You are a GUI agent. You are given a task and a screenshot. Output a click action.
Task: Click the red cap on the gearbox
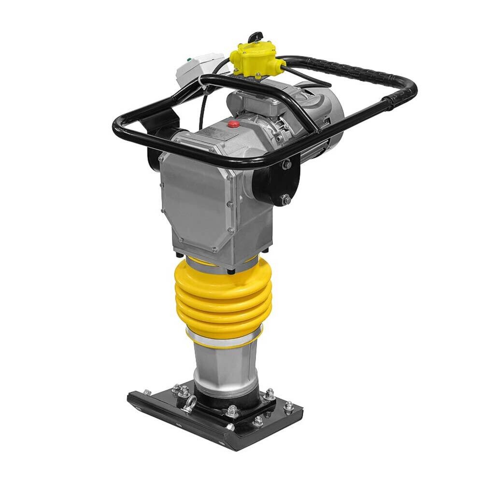pyautogui.click(x=234, y=124)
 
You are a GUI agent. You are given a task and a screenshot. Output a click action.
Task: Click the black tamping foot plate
pyautogui.click(x=213, y=425)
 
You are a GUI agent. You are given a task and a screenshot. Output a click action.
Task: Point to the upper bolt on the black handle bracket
pyautogui.click(x=286, y=165)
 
